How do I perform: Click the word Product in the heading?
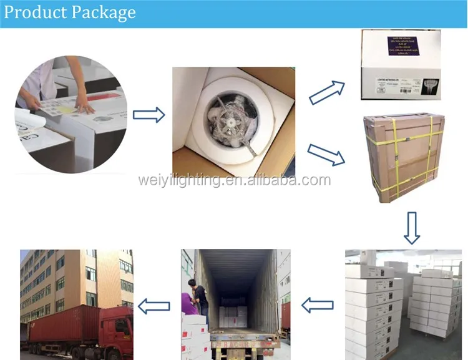tap(34, 12)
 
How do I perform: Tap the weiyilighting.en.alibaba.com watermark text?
tap(234, 180)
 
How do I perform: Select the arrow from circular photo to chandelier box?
tap(149, 115)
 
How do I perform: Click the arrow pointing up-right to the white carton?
tap(327, 92)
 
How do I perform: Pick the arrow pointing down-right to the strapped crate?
tap(326, 155)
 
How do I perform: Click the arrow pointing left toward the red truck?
tap(154, 305)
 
